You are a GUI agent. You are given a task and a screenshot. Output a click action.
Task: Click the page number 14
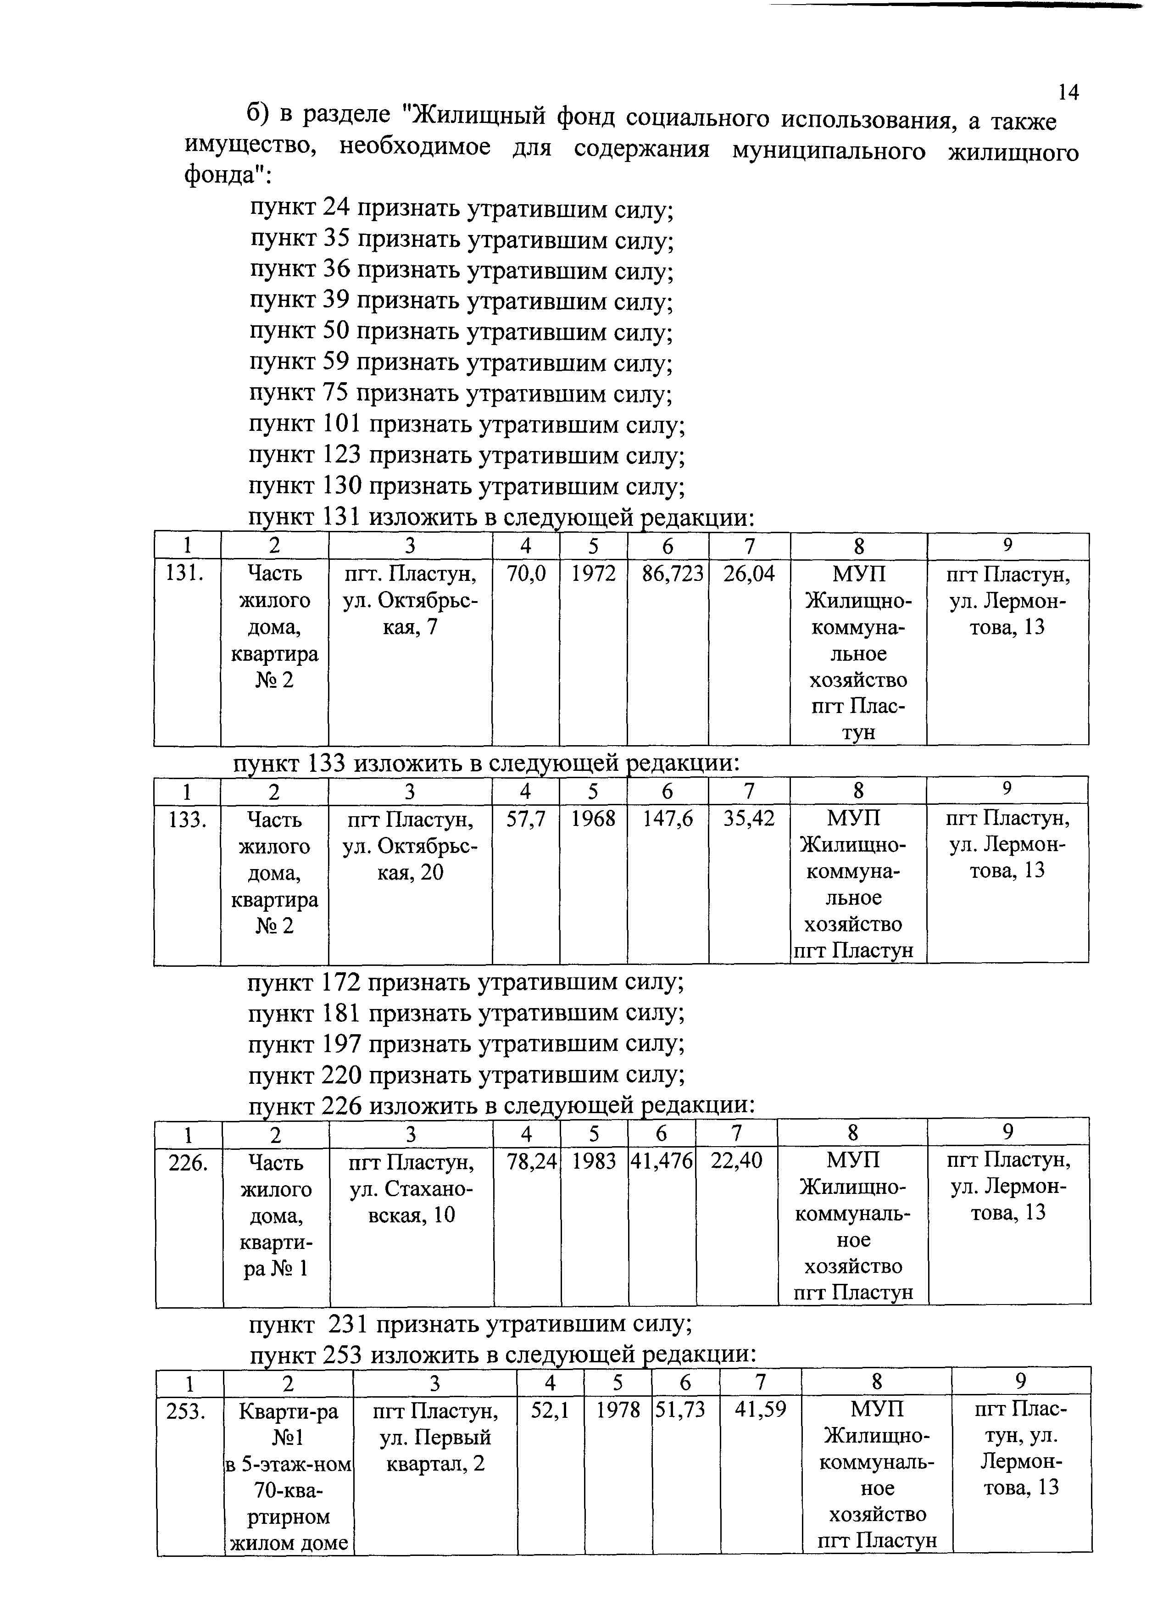1068,92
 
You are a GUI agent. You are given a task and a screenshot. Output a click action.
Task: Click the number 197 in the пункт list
341,1044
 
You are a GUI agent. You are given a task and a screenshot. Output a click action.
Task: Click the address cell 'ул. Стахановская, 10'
411,1202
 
